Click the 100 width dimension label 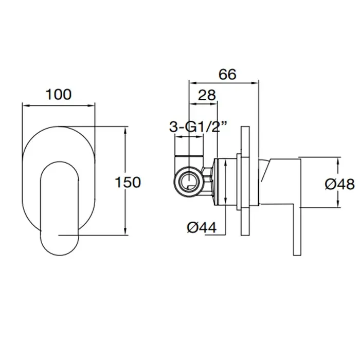point(59,94)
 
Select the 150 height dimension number point(128,182)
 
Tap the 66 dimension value point(227,75)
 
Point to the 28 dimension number point(207,95)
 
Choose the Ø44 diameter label point(202,228)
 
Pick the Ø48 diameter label point(340,184)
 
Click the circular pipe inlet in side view point(189,182)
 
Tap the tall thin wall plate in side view point(245,181)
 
